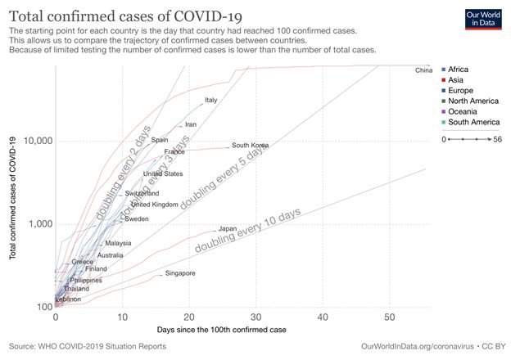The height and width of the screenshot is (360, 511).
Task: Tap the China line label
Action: coord(423,70)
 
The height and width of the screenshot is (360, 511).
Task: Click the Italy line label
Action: coord(211,100)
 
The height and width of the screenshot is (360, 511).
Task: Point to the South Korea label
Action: coord(251,145)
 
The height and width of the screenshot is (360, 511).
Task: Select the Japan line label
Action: coord(228,228)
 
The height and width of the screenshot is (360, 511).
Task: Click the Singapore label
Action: coord(180,272)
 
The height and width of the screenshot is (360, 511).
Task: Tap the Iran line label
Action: coord(191,124)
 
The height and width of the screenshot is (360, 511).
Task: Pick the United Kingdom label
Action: coord(155,205)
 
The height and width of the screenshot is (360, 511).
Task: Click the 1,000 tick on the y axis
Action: coord(38,224)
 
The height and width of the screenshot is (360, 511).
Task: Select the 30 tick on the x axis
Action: coord(255,317)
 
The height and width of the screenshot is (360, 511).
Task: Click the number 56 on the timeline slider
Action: coord(497,139)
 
